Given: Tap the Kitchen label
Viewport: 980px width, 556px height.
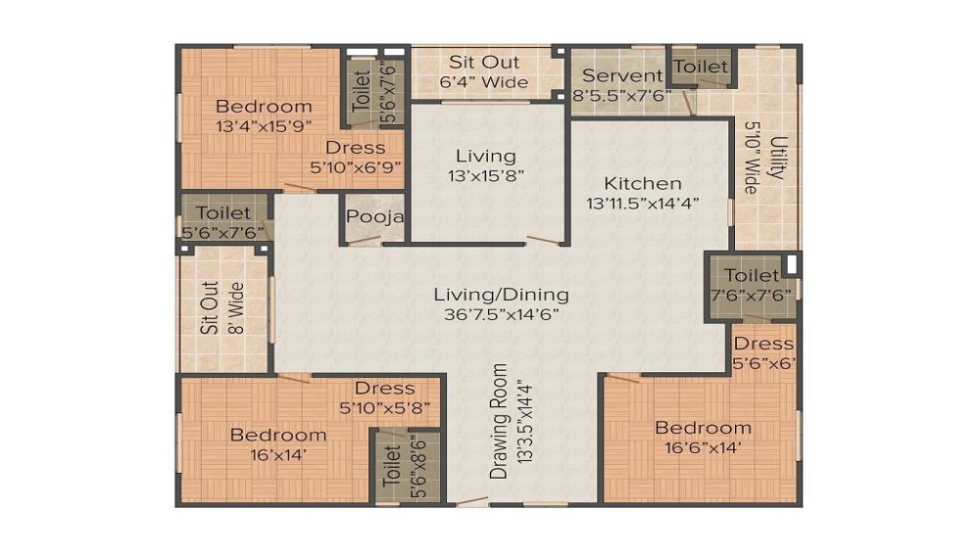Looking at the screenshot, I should [642, 183].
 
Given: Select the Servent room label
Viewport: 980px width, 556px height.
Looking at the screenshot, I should [622, 75].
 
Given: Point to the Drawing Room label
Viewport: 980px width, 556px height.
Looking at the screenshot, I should [501, 421].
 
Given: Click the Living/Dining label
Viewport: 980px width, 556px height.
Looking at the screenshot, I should [502, 294].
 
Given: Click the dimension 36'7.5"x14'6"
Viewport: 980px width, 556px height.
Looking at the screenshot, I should [502, 315].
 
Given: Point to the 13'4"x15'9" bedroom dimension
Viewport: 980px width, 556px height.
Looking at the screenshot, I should [264, 125].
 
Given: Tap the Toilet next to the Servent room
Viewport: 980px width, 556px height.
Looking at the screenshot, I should [702, 67].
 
